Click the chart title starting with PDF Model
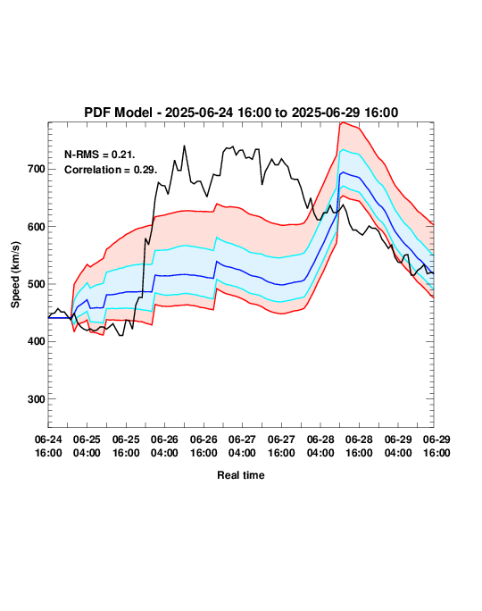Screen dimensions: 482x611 (x=241, y=113)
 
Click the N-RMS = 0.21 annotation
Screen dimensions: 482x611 (x=100, y=155)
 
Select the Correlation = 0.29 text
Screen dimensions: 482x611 (x=111, y=170)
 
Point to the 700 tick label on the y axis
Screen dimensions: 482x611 (x=37, y=169)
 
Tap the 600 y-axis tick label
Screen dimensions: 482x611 (x=37, y=227)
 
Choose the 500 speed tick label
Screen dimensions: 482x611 (x=37, y=284)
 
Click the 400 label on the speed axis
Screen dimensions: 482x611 (x=37, y=341)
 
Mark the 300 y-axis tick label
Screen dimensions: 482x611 (x=37, y=399)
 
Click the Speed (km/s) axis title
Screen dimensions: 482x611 (x=15, y=275)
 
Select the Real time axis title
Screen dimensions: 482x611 (x=241, y=475)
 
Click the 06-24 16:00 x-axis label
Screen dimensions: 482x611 (x=48, y=446)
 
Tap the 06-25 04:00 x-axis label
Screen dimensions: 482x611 (x=87, y=446)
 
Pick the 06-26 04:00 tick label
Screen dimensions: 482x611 (x=164, y=446)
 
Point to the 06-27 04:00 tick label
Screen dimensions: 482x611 (x=242, y=446)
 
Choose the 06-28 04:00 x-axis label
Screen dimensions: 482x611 (x=320, y=446)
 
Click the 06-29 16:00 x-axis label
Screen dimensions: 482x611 (x=436, y=446)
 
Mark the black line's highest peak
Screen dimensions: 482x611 (x=184, y=146)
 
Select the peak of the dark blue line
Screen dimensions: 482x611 (x=343, y=172)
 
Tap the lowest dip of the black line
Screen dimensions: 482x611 (x=121, y=336)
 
